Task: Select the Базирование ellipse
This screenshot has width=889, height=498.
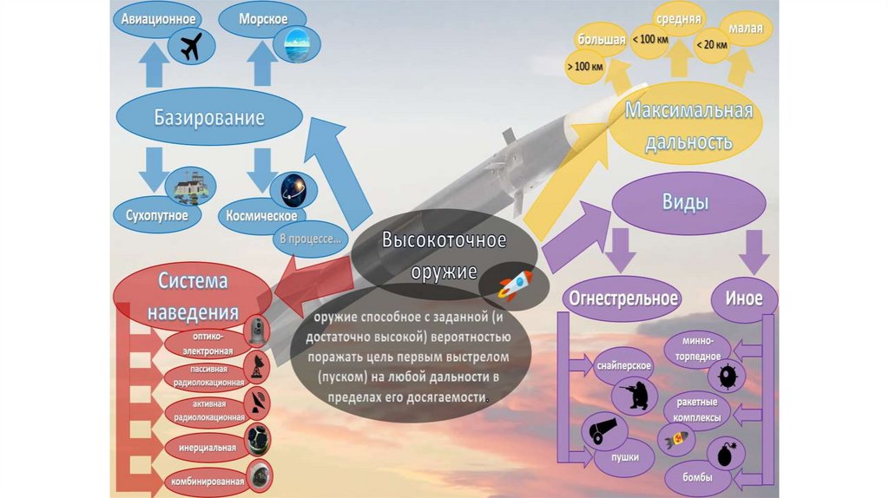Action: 209,117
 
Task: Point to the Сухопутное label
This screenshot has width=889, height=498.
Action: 156,214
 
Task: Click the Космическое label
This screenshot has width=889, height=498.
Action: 261,215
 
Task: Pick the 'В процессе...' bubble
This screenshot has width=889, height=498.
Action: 309,238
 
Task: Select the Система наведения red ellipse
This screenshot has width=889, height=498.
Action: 193,295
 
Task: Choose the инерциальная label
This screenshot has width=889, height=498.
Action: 208,448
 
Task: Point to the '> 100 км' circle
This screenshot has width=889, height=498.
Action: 584,66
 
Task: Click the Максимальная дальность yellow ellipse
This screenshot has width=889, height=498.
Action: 689,126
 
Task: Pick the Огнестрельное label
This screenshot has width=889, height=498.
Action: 622,298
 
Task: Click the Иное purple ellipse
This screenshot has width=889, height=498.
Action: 743,298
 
